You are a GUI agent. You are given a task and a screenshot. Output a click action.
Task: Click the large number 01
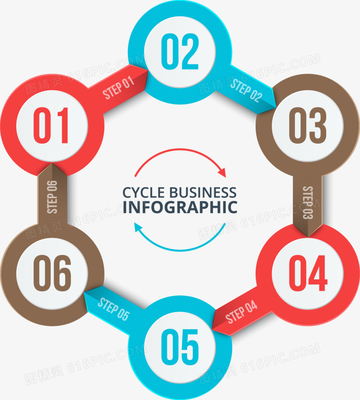[x=51, y=125]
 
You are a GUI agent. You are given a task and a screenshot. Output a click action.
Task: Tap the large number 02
[x=180, y=51]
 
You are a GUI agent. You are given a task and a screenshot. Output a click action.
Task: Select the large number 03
[x=307, y=125]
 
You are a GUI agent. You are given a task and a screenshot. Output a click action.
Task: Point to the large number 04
[x=308, y=273]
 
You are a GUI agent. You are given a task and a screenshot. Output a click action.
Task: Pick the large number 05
[x=180, y=347]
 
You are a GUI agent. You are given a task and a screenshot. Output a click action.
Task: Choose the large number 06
[x=52, y=273]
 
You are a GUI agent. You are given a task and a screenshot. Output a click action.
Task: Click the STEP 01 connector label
[x=118, y=87]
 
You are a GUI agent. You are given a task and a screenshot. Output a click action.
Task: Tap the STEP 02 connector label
[x=246, y=91]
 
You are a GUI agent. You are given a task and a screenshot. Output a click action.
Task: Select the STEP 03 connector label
[x=308, y=203]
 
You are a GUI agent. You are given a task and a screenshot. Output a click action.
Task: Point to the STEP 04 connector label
[x=241, y=312]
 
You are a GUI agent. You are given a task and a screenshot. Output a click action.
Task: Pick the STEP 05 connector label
[x=114, y=309]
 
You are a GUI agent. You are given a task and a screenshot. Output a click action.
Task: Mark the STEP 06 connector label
[x=52, y=197]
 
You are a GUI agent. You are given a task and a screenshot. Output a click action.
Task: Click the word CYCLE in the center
[x=144, y=193]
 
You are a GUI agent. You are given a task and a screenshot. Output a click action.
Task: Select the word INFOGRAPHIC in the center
[x=180, y=207]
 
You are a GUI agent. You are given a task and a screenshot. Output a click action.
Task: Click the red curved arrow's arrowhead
[x=222, y=173]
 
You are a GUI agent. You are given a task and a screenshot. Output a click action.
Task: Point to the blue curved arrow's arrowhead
[x=138, y=227]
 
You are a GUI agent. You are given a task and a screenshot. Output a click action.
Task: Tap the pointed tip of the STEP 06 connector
[x=52, y=163]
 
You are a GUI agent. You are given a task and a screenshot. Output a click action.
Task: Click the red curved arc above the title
[x=180, y=149]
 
